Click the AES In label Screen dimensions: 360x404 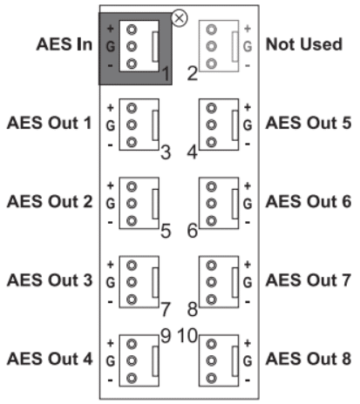tap(65, 44)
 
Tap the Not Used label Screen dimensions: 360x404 tap(304, 44)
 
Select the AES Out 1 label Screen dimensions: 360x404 tap(50, 123)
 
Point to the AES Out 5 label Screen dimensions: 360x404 tap(309, 123)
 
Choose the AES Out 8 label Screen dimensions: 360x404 tap(309, 359)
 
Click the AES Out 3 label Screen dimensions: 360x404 tap(50, 280)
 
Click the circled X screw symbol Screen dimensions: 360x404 tap(180, 18)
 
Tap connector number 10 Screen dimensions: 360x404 tap(187, 336)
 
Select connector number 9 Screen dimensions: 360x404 tap(166, 336)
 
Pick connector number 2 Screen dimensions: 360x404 tap(193, 73)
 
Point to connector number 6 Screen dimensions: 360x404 tap(193, 231)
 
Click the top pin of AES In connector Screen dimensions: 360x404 tap(132, 30)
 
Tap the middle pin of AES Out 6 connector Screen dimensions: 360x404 tap(211, 204)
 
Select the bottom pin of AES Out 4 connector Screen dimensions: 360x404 tap(132, 378)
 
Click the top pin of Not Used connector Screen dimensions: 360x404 tap(211, 30)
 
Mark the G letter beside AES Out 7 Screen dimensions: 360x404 tap(248, 282)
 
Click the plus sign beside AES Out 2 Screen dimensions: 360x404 tap(110, 185)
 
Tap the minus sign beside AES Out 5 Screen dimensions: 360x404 tap(248, 144)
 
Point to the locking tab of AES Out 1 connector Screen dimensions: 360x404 tap(155, 125)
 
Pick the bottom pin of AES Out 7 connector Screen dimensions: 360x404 tap(211, 300)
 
